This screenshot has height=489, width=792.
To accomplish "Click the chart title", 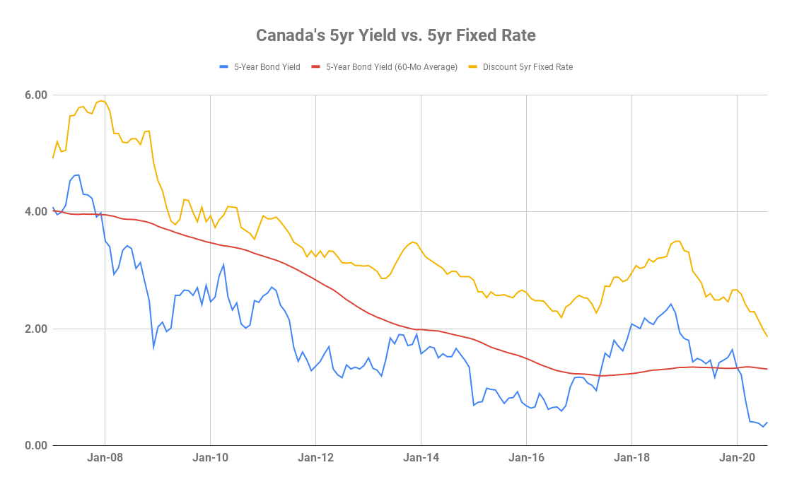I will tap(395, 35).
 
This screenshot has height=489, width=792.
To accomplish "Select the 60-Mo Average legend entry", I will tap(392, 67).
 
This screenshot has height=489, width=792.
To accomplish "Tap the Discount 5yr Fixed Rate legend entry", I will tap(528, 67).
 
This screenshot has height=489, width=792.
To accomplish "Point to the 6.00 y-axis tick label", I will tap(36, 95).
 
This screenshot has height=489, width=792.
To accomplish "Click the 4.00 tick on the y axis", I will tap(36, 211).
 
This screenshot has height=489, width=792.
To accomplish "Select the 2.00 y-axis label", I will tap(36, 329).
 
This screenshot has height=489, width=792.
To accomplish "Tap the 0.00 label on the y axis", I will tap(36, 446).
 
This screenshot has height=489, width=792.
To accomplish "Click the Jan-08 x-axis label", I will tap(105, 458).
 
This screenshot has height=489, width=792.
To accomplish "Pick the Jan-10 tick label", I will tap(211, 458).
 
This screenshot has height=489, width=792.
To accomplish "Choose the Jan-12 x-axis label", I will tap(316, 458).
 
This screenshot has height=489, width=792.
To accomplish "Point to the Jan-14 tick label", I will tap(421, 458).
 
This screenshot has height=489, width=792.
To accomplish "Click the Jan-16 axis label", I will tap(527, 458).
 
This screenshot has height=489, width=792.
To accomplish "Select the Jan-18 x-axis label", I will tap(632, 458).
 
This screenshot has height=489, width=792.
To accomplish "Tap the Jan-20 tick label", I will tap(738, 458).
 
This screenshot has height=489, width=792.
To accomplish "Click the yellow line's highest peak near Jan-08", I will tap(102, 100).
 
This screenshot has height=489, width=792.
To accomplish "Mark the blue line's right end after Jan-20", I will tap(767, 422).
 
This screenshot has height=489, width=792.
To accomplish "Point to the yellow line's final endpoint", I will tap(767, 336).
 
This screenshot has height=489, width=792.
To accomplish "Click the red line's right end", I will tap(767, 369).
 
